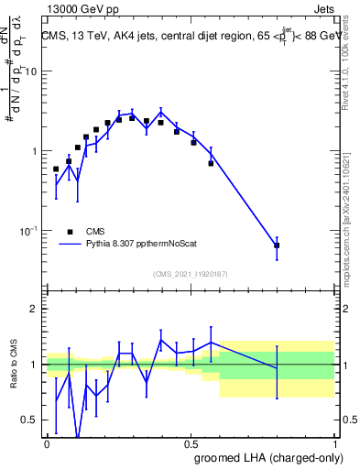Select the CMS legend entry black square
click(69, 232)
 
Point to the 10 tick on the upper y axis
click(33, 71)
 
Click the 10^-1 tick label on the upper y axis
click(28, 230)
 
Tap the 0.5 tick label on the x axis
click(191, 442)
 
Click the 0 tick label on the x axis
click(47, 442)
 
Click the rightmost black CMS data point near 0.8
click(277, 245)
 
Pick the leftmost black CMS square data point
click(56, 169)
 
